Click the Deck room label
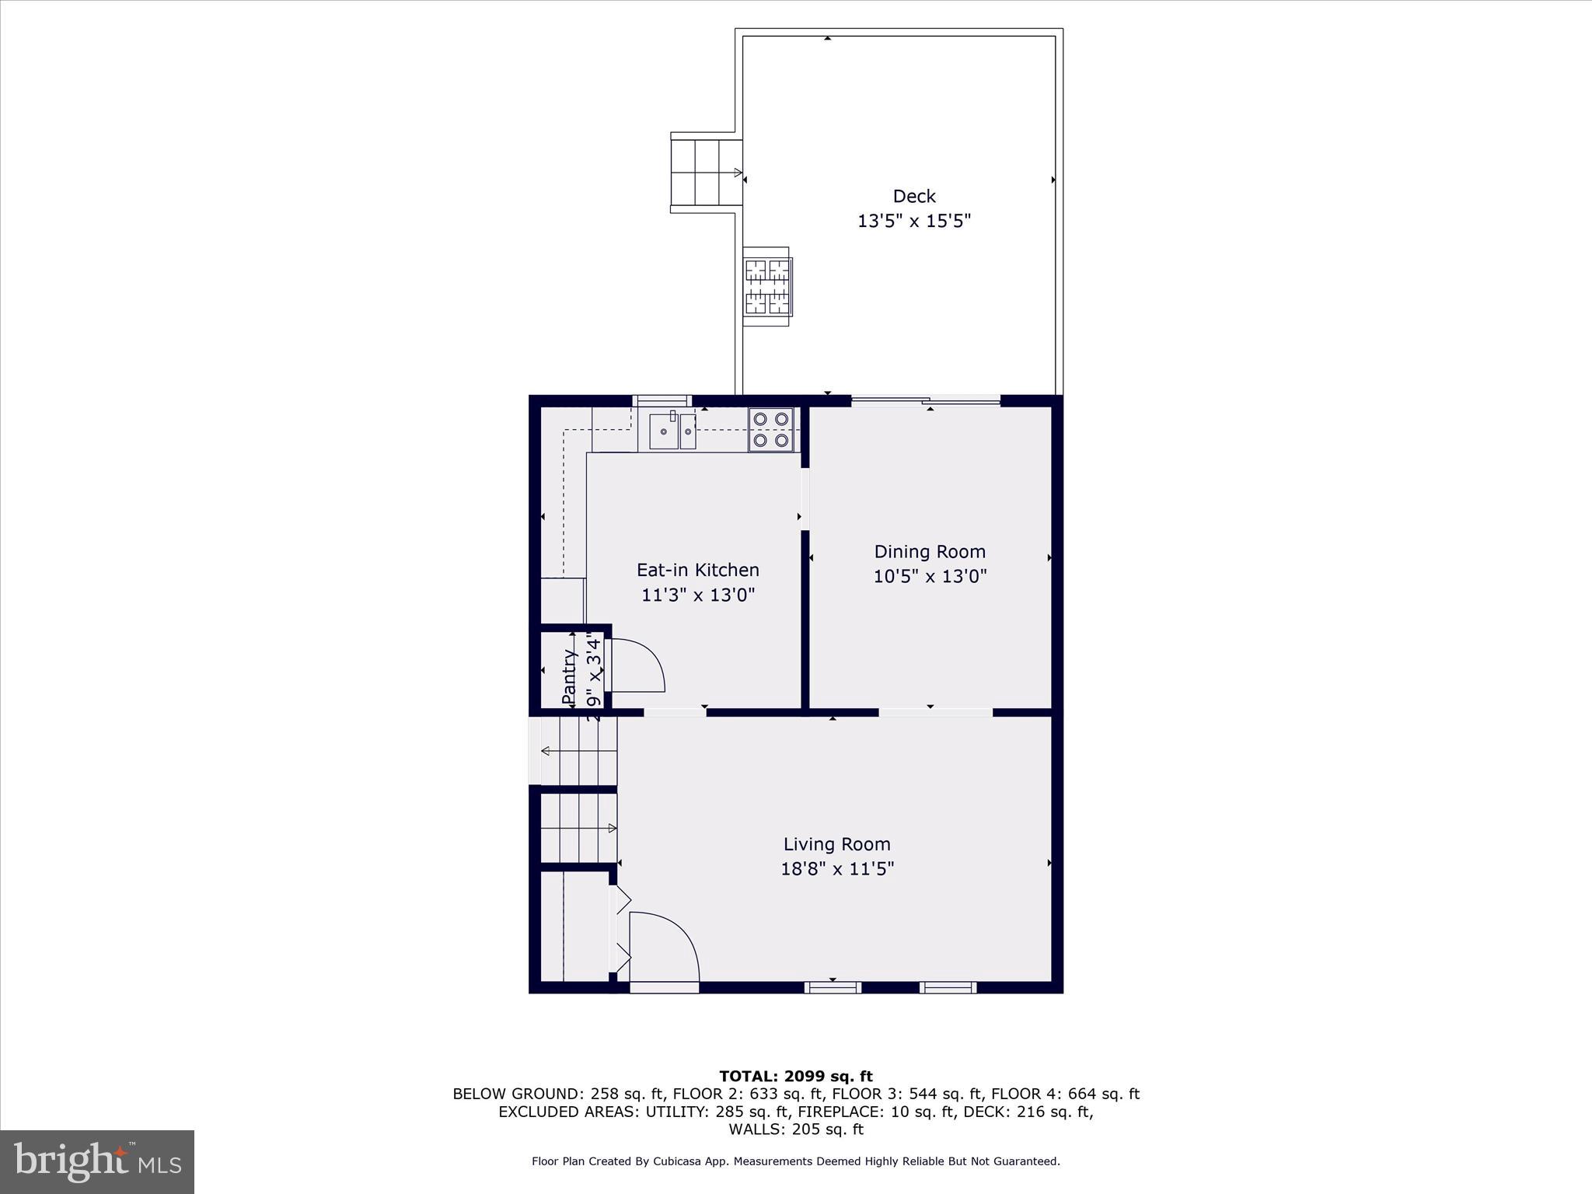(x=913, y=196)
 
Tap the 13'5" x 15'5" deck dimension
(x=913, y=222)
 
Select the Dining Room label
(x=930, y=552)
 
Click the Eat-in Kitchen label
(x=697, y=570)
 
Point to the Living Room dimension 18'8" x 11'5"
(x=837, y=868)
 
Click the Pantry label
(x=570, y=676)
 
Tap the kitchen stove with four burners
(x=771, y=430)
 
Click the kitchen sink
(x=672, y=431)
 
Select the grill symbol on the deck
(x=768, y=287)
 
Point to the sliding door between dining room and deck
(x=925, y=401)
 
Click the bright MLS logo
(x=97, y=1161)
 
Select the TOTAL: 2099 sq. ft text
(x=795, y=1076)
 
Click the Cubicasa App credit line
(x=795, y=1161)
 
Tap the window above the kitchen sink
(x=662, y=401)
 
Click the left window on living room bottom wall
(x=833, y=987)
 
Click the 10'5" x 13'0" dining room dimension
(x=930, y=577)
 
